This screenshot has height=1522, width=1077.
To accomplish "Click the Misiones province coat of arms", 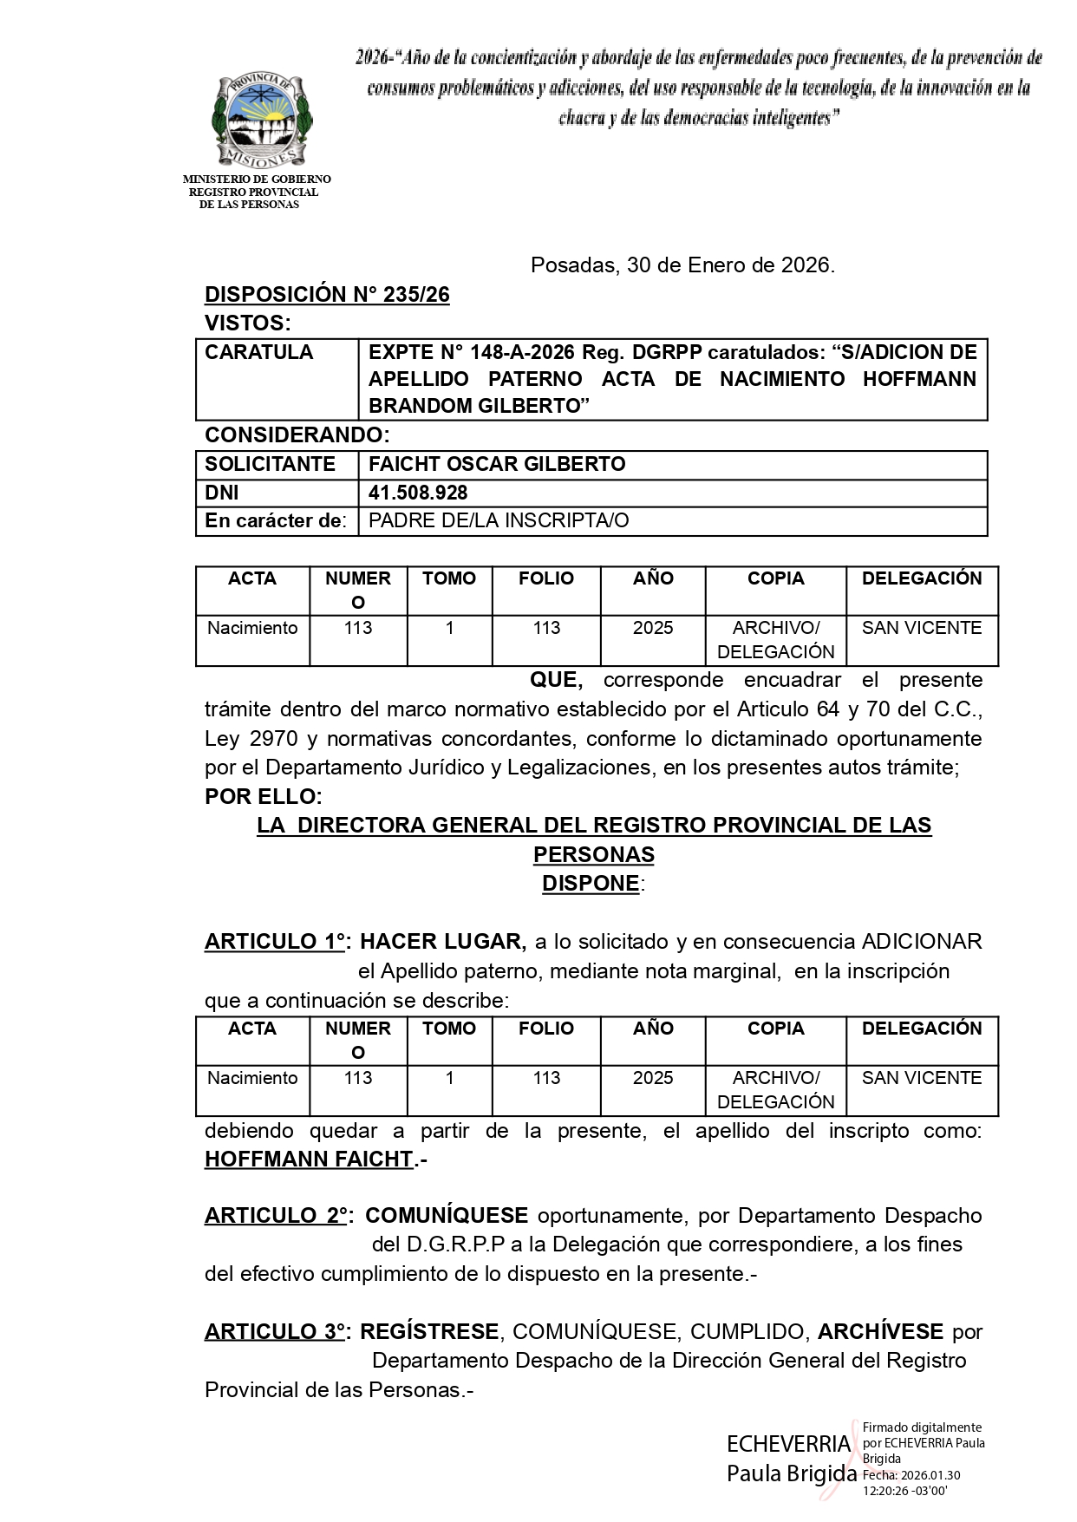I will click(x=262, y=121).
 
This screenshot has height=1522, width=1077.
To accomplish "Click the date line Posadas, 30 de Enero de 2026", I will click(x=682, y=265).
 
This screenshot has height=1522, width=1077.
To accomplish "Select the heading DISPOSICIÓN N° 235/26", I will click(x=327, y=295).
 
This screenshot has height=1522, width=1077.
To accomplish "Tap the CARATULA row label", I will click(x=258, y=352).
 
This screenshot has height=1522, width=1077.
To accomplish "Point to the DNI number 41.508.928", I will click(x=418, y=493).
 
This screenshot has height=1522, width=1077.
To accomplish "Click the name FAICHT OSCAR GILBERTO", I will click(x=497, y=464).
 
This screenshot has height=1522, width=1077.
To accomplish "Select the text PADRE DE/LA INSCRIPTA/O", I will click(x=499, y=520).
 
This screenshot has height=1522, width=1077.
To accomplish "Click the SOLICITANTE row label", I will click(x=270, y=464).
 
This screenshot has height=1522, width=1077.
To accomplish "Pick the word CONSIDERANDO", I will click(x=294, y=434).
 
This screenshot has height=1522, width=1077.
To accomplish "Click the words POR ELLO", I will click(x=263, y=796).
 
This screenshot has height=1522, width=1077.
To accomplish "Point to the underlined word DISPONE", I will click(x=591, y=884).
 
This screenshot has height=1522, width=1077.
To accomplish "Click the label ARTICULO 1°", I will click(x=275, y=942).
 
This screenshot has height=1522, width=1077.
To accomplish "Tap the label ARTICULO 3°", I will click(x=275, y=1332).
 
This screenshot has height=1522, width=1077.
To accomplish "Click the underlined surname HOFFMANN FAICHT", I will click(x=309, y=1159).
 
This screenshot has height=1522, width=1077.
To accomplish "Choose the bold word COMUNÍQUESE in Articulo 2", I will click(x=447, y=1216).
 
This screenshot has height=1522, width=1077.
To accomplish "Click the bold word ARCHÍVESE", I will click(x=880, y=1332).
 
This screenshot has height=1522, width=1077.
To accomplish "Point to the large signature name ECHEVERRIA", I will click(x=788, y=1445).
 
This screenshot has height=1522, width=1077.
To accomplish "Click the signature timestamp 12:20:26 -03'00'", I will click(x=904, y=1492).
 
